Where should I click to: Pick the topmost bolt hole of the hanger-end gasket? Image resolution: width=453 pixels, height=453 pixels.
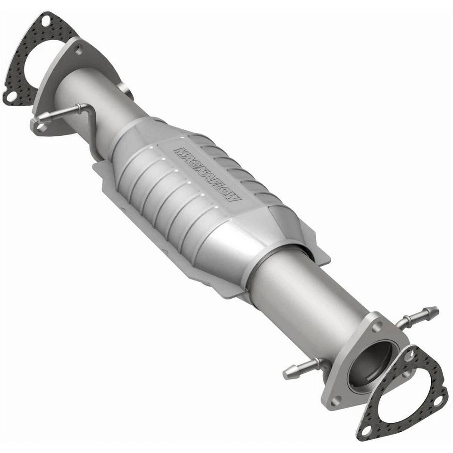(x=46, y=21)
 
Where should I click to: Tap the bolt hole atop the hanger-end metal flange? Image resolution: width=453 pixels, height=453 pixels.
(x=78, y=49)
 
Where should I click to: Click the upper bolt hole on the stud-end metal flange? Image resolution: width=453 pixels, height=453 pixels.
(x=377, y=326)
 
